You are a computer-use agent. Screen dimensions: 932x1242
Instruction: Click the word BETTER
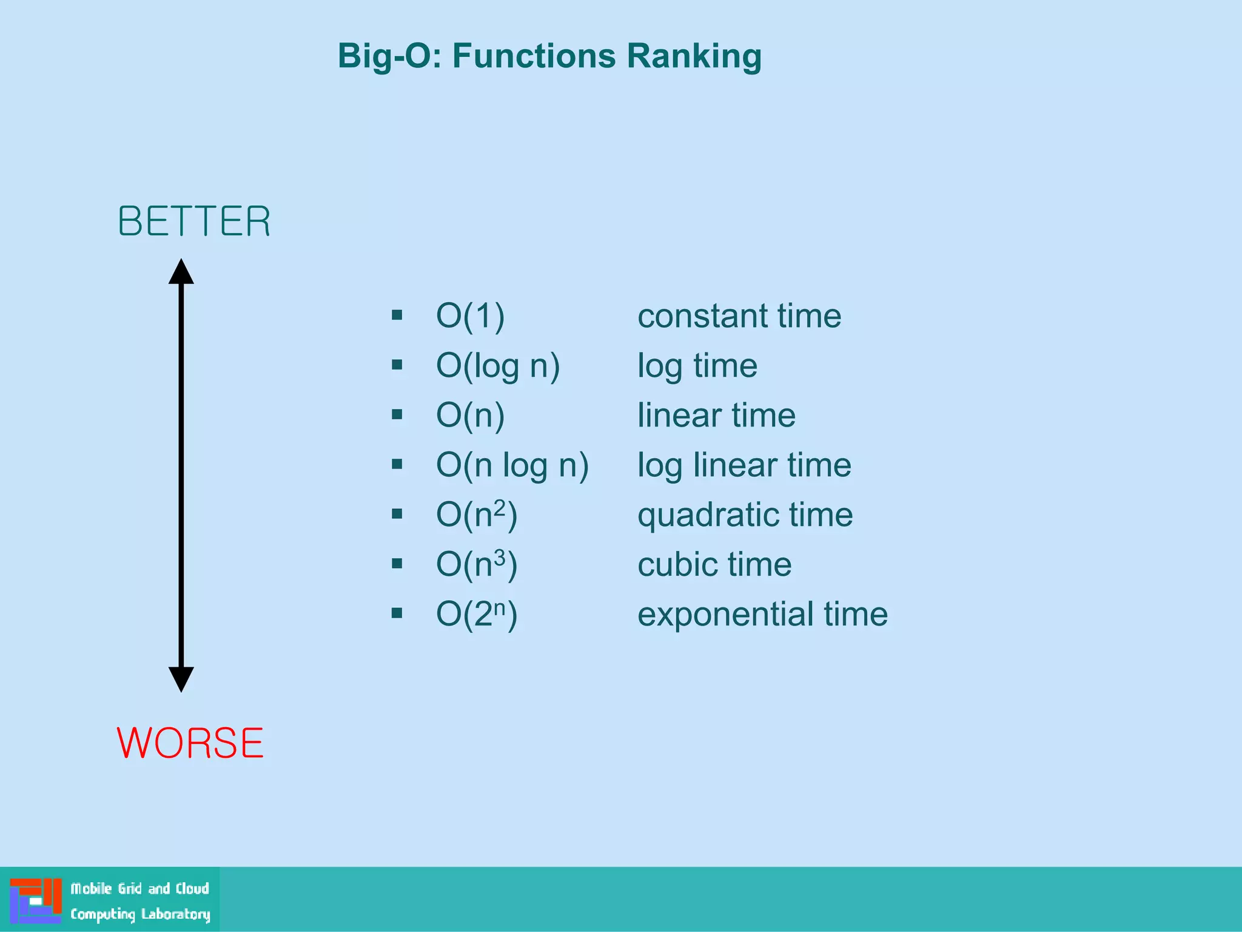194,221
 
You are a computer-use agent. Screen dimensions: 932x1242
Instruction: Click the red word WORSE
190,743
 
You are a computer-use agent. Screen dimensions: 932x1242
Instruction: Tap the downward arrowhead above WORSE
181,679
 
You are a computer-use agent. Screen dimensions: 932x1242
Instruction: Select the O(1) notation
470,316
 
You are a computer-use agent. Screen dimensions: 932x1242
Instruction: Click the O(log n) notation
497,366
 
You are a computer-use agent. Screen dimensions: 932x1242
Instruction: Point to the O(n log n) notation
512,465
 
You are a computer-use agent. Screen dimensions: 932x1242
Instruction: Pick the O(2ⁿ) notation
476,615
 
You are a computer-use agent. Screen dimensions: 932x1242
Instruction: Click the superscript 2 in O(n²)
499,507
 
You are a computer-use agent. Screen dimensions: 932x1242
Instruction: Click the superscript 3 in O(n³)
499,556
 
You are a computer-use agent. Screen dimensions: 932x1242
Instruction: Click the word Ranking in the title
694,56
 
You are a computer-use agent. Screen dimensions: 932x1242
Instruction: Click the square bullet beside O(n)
397,414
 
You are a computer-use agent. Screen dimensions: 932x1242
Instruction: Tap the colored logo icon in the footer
36,900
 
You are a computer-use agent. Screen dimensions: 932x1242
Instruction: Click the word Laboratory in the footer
176,914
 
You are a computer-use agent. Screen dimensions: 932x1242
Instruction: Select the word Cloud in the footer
192,888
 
